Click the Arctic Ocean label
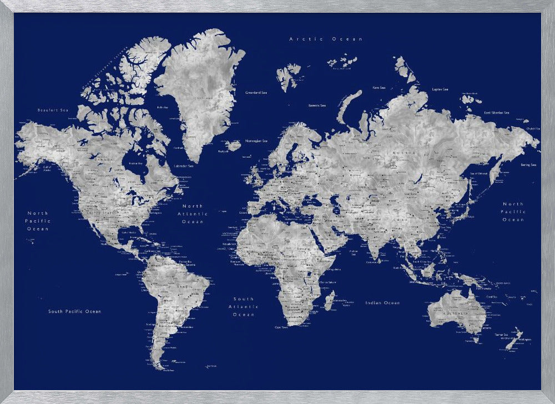pyautogui.click(x=326, y=39)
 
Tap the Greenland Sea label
pyautogui.click(x=256, y=92)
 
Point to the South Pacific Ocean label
pyautogui.click(x=74, y=311)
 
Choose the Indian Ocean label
pyautogui.click(x=382, y=303)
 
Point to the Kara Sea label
pyautogui.click(x=379, y=87)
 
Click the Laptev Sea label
pyautogui.click(x=440, y=89)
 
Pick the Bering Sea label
pyautogui.click(x=528, y=164)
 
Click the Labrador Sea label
pyautogui.click(x=183, y=166)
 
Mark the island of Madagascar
pyautogui.click(x=329, y=302)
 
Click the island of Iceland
pyautogui.click(x=234, y=145)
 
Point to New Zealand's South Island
pyautogui.click(x=512, y=342)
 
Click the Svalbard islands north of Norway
pyautogui.click(x=287, y=75)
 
